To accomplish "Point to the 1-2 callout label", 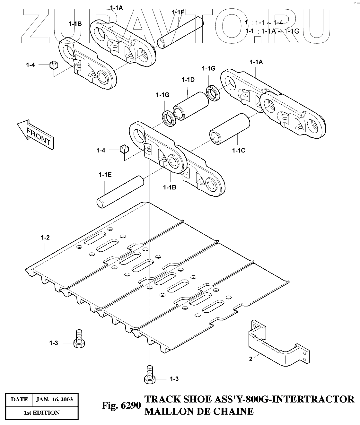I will click(x=45, y=238).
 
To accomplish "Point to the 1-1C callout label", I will click(x=238, y=150).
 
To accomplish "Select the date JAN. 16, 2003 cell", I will click(x=54, y=400).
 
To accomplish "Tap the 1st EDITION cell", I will click(x=42, y=412).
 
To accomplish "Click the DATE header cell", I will click(x=19, y=400).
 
